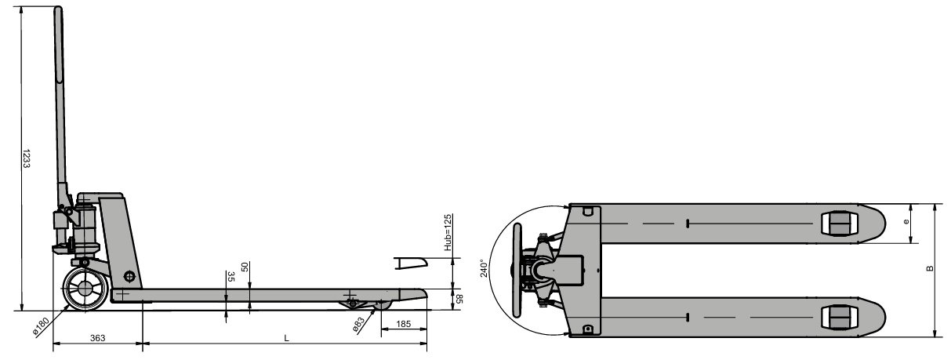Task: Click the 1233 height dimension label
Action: pos(27,158)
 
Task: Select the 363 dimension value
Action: pos(98,338)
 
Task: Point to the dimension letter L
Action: pos(287,338)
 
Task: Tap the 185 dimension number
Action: pos(403,324)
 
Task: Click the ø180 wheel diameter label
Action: pos(42,326)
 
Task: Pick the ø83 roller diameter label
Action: pos(359,324)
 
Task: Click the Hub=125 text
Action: pos(448,232)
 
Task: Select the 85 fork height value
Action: pos(459,299)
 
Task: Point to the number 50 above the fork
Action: pos(245,267)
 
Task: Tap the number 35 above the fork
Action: pos(231,277)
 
